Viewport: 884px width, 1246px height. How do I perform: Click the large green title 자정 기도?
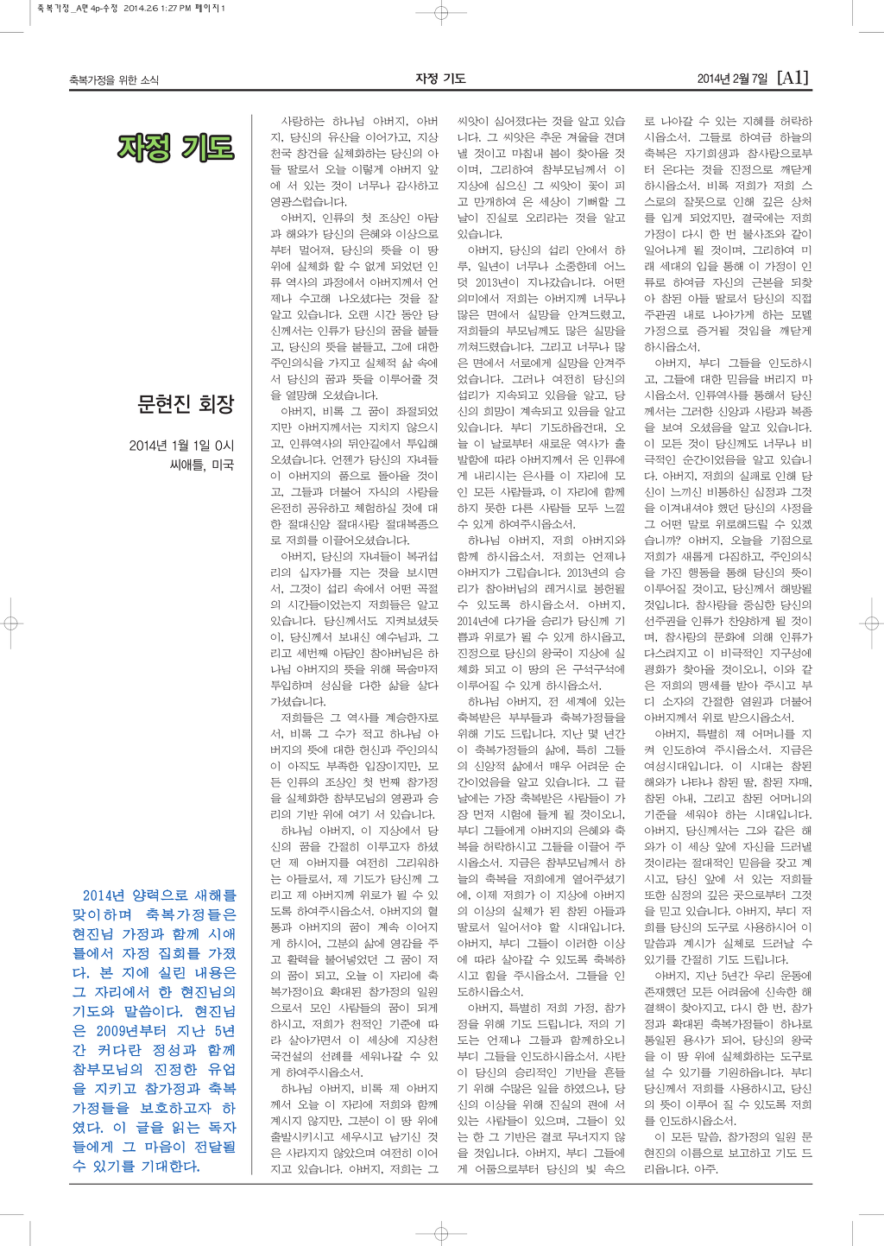[x=176, y=149]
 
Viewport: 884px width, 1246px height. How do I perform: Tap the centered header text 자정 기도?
[x=440, y=79]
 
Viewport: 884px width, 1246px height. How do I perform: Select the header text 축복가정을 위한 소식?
[x=114, y=80]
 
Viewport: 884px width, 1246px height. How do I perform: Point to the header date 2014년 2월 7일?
[x=732, y=79]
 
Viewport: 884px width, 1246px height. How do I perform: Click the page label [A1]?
[x=793, y=78]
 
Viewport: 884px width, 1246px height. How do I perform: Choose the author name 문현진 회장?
[x=186, y=404]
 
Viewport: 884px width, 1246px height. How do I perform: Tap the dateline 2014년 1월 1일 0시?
[x=181, y=446]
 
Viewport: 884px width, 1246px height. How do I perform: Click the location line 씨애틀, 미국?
[x=202, y=465]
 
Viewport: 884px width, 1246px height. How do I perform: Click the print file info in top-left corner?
[x=130, y=8]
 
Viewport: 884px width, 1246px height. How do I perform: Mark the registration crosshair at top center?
[x=441, y=13]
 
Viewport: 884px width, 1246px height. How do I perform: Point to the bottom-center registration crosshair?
[x=441, y=1231]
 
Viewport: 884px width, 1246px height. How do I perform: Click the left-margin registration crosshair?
[x=11, y=623]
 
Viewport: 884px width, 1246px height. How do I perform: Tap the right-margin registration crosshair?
[x=872, y=623]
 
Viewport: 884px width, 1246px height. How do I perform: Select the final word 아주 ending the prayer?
[x=705, y=1169]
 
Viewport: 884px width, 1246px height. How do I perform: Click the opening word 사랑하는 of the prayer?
[x=304, y=122]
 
